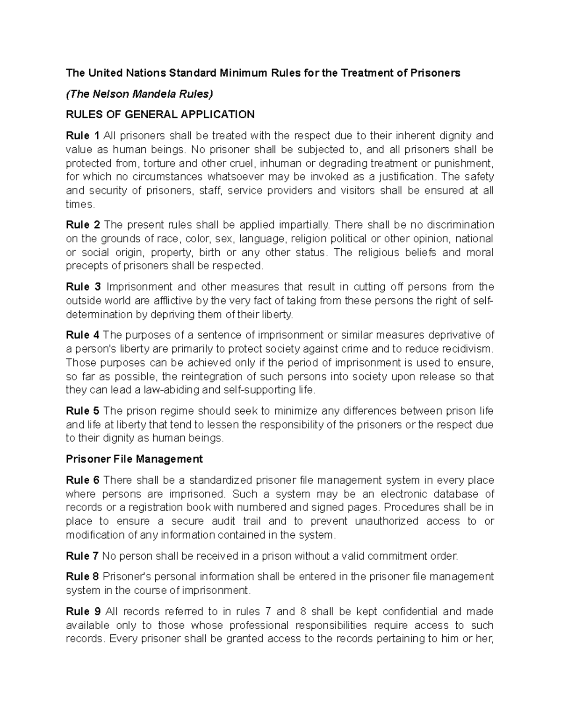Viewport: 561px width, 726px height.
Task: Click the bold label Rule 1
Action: point(83,136)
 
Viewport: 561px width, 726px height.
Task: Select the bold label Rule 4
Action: point(83,335)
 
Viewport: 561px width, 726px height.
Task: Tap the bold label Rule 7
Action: point(82,556)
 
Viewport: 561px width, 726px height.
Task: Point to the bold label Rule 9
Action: point(83,611)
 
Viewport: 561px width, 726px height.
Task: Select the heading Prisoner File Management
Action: point(134,459)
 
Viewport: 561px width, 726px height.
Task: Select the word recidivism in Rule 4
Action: point(467,349)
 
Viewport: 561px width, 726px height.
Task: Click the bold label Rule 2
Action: point(83,225)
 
